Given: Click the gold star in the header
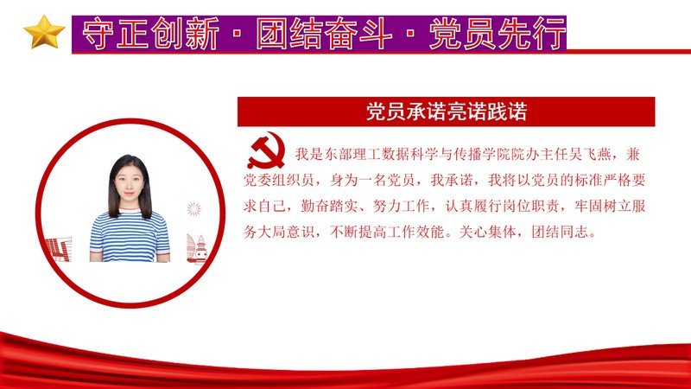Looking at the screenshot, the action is [x=44, y=32].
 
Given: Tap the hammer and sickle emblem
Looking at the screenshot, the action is [x=266, y=151].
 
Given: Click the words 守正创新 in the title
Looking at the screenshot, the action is [x=150, y=34].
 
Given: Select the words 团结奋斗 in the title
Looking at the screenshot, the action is [x=324, y=34].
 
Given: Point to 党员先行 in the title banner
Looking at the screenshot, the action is [x=498, y=34].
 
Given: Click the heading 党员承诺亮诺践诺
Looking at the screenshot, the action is [x=446, y=112].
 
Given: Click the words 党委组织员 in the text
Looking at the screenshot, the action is [x=278, y=180].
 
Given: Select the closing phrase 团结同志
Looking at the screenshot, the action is [x=560, y=232].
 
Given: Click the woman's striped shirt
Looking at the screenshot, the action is [x=130, y=236].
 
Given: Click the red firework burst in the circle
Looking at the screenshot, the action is [x=193, y=209].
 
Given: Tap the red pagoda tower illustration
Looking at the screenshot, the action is [x=201, y=249].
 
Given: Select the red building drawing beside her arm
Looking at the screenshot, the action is [x=59, y=249].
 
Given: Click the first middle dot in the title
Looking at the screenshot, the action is [x=237, y=34].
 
